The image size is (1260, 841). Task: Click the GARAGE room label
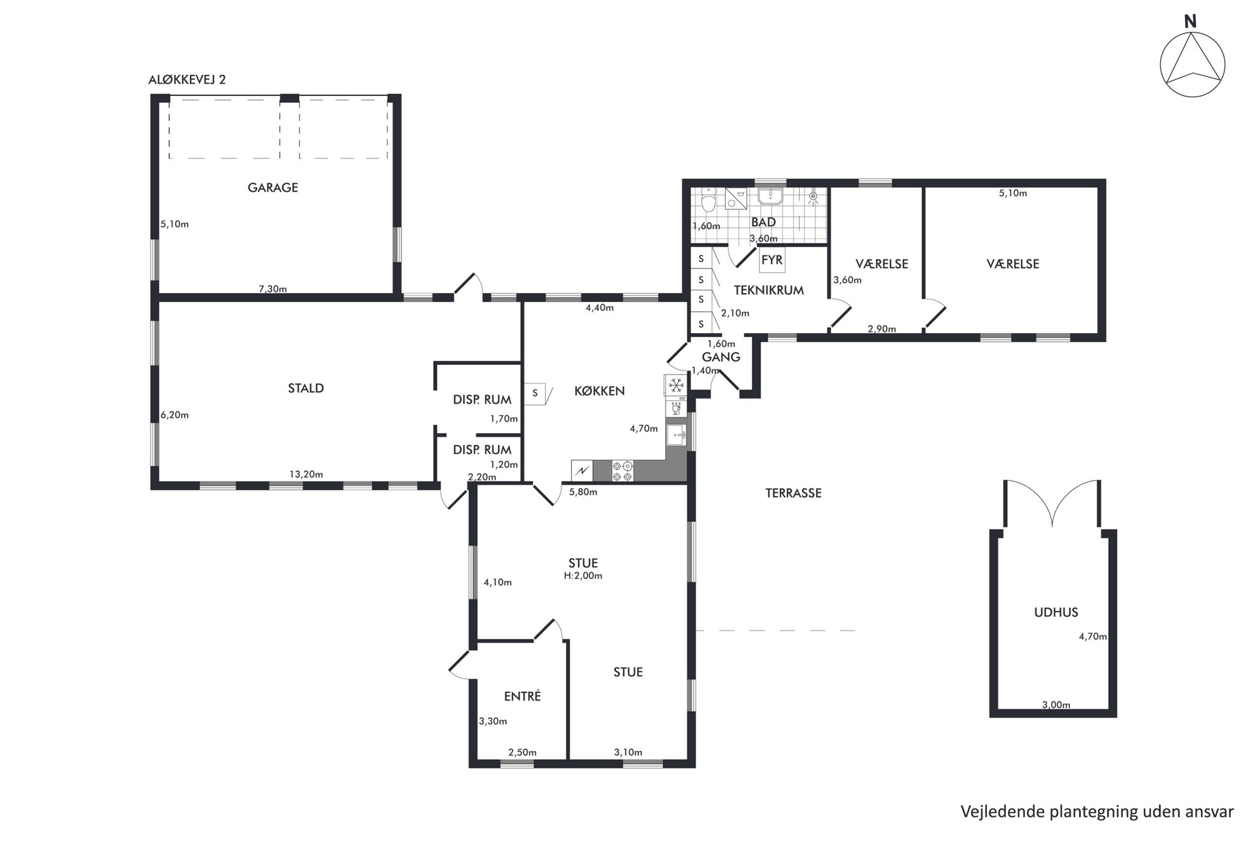click(272, 188)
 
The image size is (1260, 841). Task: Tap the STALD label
click(306, 388)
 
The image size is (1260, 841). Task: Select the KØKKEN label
click(600, 391)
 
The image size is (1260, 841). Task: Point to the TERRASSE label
click(793, 493)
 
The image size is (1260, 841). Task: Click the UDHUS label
click(1056, 613)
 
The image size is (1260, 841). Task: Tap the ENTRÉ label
click(522, 696)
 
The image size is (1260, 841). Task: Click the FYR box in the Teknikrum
click(772, 260)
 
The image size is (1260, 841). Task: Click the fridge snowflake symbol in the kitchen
click(676, 385)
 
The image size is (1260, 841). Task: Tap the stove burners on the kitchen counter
click(622, 471)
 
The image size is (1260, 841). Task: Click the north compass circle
click(1192, 65)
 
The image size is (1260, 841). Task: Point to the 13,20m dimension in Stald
click(306, 474)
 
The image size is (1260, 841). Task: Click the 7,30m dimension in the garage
click(272, 289)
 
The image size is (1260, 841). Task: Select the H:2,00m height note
click(583, 576)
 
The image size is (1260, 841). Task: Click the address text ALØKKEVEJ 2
click(187, 79)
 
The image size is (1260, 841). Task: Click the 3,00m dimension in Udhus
click(1056, 704)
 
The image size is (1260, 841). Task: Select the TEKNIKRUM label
click(768, 291)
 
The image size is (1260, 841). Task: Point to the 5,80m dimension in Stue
click(583, 491)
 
